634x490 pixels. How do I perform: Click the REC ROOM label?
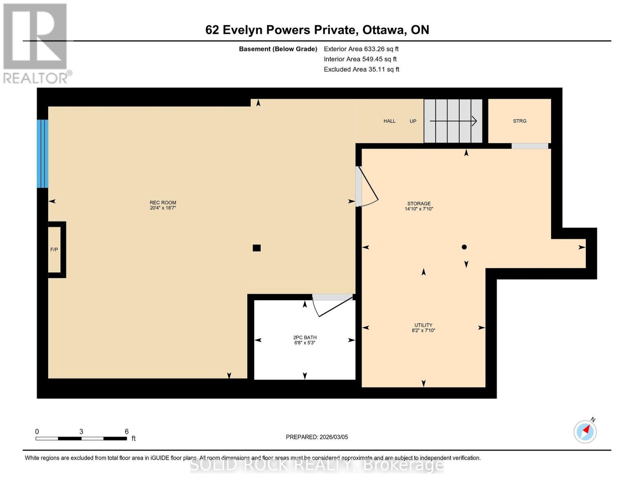click(162, 205)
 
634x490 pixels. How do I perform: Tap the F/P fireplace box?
click(55, 249)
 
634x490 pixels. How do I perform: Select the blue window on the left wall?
click(42, 154)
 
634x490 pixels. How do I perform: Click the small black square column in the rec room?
click(256, 248)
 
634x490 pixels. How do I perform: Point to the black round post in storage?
click(464, 247)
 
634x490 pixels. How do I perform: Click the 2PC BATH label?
click(305, 340)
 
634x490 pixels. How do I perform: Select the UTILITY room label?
click(423, 327)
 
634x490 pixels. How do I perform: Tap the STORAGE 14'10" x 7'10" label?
click(419, 206)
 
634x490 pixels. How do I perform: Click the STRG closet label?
click(520, 121)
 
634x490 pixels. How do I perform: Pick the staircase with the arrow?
click(453, 121)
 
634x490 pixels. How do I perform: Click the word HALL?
click(389, 121)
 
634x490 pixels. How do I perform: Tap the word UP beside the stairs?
click(413, 121)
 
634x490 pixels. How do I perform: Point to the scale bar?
click(81, 439)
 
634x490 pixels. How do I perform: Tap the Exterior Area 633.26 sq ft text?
click(361, 49)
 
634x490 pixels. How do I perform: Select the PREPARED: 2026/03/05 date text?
click(317, 437)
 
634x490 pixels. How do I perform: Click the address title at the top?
click(317, 30)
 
